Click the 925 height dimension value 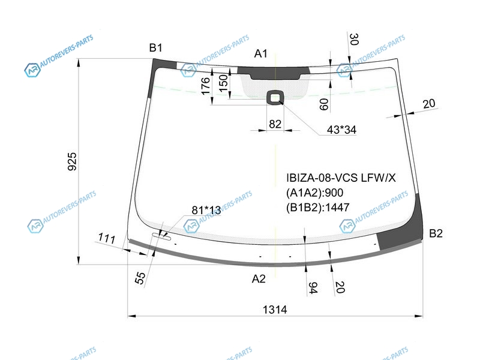(x=72, y=161)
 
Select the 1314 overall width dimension (x=275, y=310)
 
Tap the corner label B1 (x=156, y=48)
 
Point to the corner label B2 (x=436, y=233)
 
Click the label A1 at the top (x=261, y=53)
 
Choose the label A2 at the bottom (x=259, y=279)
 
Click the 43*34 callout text (x=341, y=130)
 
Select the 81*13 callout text (x=206, y=211)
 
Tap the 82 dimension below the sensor (x=275, y=124)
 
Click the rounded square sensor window (x=275, y=98)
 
